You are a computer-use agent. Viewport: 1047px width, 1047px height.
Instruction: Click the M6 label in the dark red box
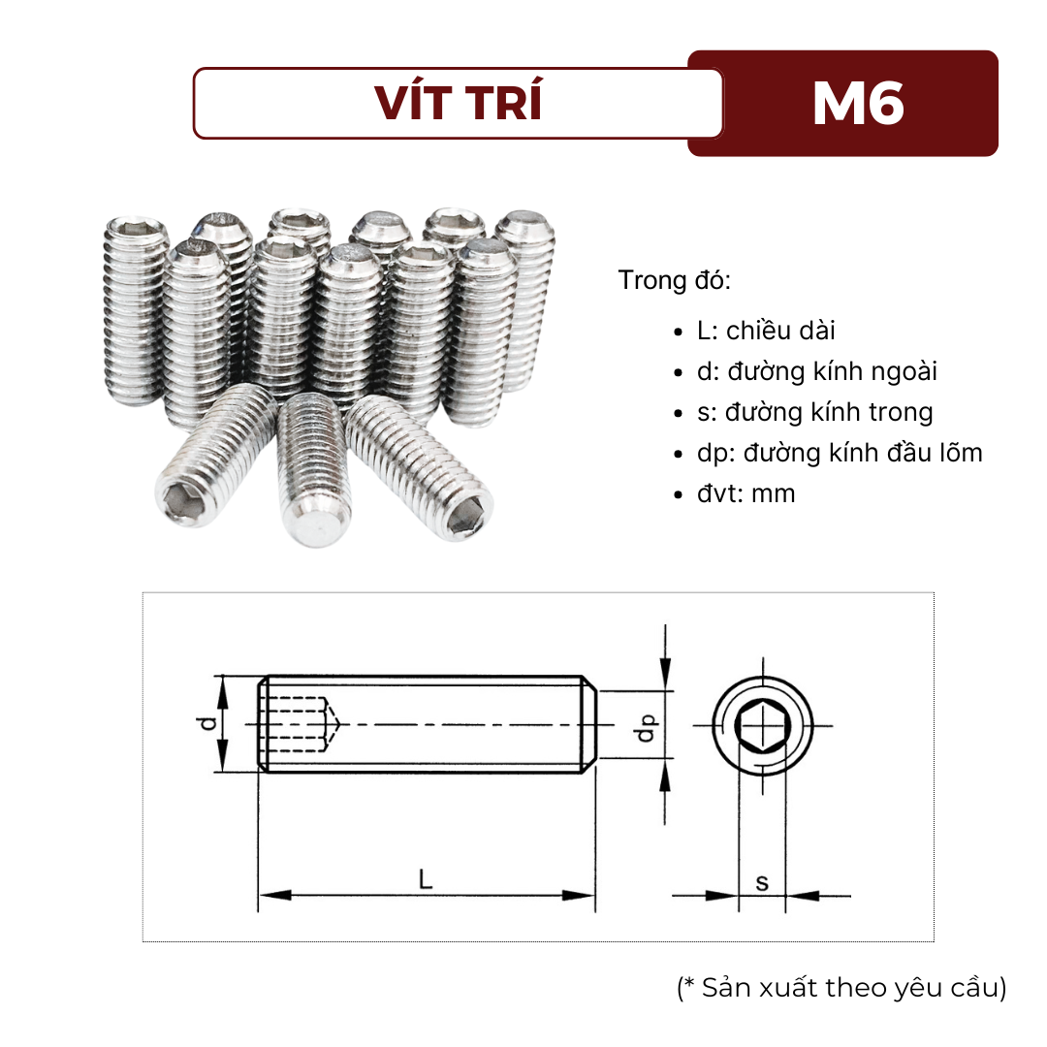tap(858, 103)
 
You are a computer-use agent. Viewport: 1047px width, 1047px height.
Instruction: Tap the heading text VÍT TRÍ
tap(459, 104)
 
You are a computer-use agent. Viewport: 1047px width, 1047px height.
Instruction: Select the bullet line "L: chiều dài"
tap(766, 331)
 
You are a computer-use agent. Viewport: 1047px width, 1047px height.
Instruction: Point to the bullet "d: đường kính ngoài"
tap(817, 371)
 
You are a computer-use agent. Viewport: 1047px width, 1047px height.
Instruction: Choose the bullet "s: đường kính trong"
tap(814, 412)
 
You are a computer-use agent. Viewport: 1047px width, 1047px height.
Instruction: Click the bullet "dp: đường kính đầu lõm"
tap(840, 453)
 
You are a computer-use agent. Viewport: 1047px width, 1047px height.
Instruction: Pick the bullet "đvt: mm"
tap(746, 493)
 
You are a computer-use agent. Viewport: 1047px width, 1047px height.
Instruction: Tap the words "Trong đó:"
tap(675, 281)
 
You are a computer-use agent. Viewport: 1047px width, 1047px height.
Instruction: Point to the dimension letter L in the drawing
tap(425, 880)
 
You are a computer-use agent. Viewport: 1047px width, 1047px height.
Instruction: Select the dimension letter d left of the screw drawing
tap(204, 723)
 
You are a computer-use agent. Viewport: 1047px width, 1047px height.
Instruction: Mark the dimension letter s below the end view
tap(762, 882)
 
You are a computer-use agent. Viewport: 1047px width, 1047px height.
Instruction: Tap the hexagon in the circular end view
tap(762, 724)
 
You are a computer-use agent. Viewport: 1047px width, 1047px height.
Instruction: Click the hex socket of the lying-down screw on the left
tap(181, 501)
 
